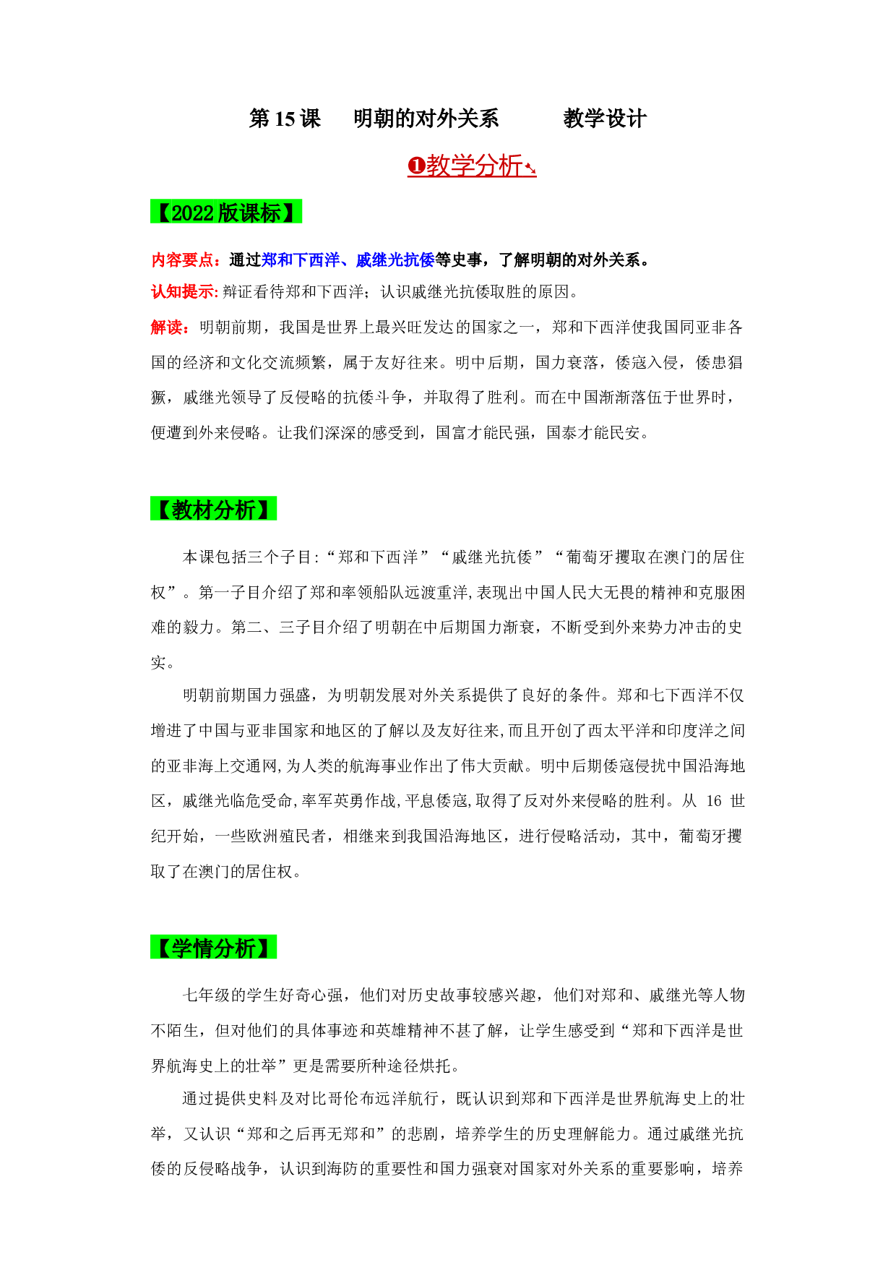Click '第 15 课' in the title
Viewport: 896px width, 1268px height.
[x=285, y=119]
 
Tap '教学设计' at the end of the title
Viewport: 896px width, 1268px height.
[x=605, y=119]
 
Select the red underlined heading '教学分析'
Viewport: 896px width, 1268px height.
[x=474, y=166]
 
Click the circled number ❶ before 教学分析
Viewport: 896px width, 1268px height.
[x=416, y=166]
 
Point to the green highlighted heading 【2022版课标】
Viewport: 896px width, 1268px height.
[x=226, y=213]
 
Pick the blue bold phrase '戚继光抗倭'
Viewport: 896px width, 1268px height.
[x=395, y=260]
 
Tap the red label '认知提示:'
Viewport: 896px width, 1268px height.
[x=184, y=291]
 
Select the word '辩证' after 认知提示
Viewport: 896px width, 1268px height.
[x=238, y=291]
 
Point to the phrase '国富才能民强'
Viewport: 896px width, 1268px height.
[x=483, y=433]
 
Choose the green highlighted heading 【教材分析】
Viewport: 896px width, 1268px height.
[x=214, y=510]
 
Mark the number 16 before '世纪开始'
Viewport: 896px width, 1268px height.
[x=714, y=801]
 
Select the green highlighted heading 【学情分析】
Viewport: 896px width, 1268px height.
[x=214, y=948]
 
